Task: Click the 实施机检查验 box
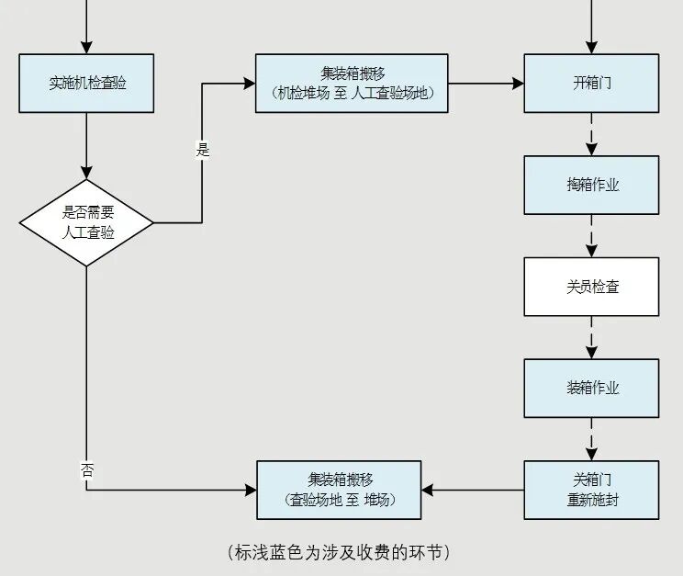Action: [86, 84]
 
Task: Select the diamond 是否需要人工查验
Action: [86, 222]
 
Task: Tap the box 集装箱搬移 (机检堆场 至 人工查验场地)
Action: [352, 84]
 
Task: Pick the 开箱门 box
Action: [591, 84]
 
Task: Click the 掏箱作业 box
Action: [591, 185]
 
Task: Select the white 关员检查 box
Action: [591, 287]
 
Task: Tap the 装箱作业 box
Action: [591, 388]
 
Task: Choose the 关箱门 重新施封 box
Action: [591, 490]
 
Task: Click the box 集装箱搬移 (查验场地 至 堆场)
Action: [339, 490]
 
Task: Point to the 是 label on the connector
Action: [202, 150]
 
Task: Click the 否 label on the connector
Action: [87, 470]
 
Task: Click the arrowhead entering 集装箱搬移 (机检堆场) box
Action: [250, 84]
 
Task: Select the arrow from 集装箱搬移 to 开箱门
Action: [486, 84]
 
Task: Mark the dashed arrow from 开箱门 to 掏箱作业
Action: [591, 134]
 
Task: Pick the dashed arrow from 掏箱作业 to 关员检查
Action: [591, 236]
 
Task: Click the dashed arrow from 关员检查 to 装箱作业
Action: [591, 337]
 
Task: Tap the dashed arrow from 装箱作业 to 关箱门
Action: [591, 439]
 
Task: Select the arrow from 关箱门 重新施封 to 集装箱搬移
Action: [473, 490]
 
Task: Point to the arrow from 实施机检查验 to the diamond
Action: [86, 145]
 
